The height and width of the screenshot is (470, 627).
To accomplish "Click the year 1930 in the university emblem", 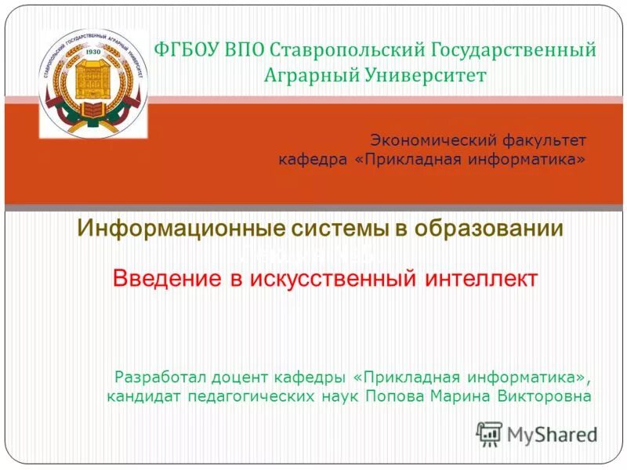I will coord(93,52).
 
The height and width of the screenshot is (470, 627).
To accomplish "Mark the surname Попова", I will coord(395,396).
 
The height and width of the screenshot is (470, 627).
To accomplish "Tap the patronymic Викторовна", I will coord(544,396).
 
